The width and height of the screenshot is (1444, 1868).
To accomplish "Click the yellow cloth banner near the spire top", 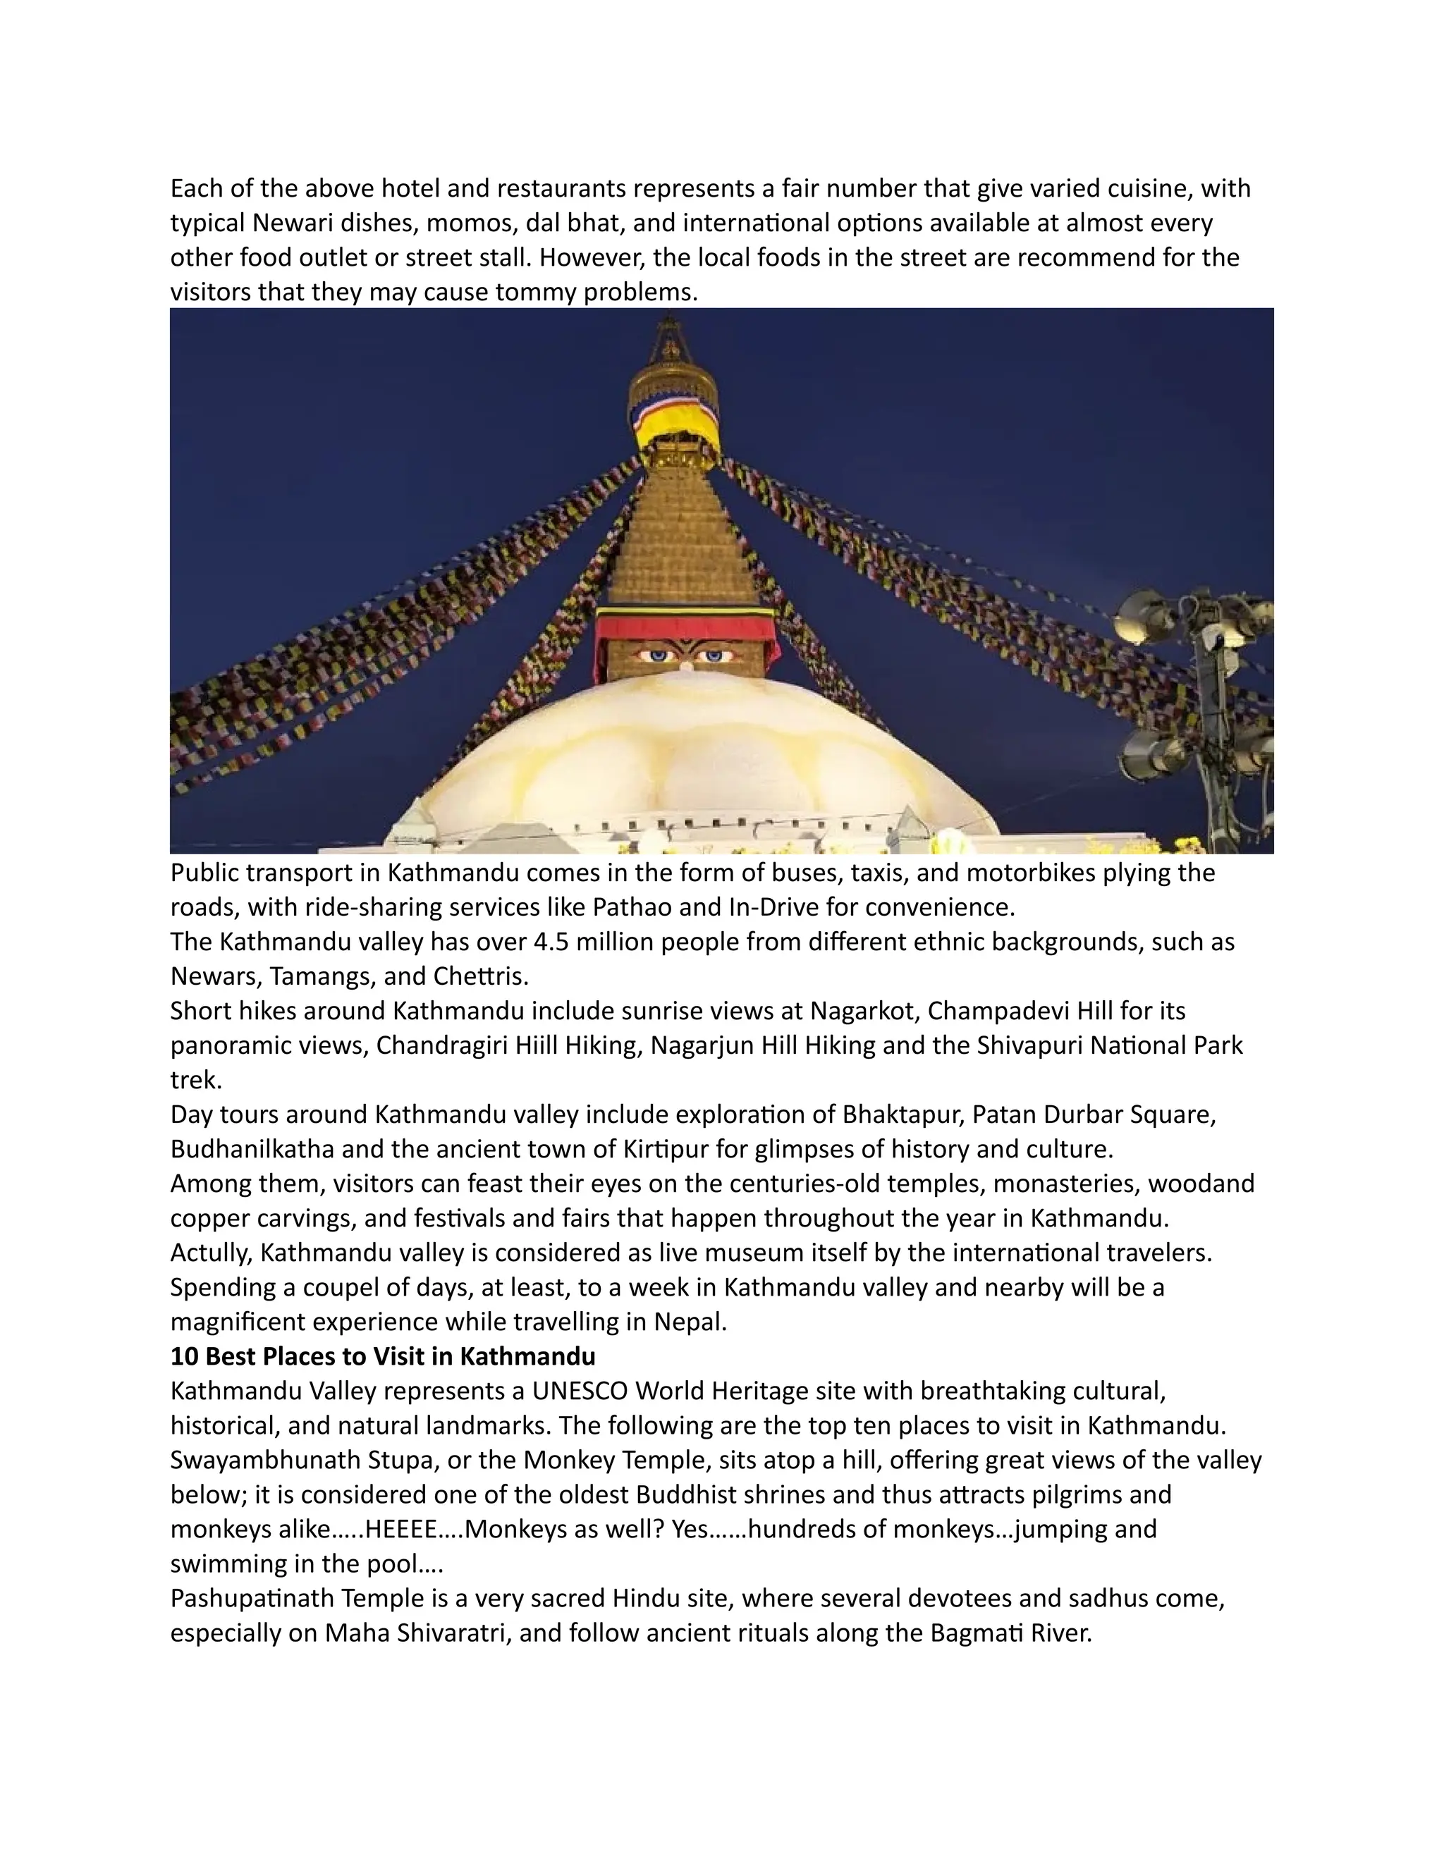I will pos(675,421).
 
